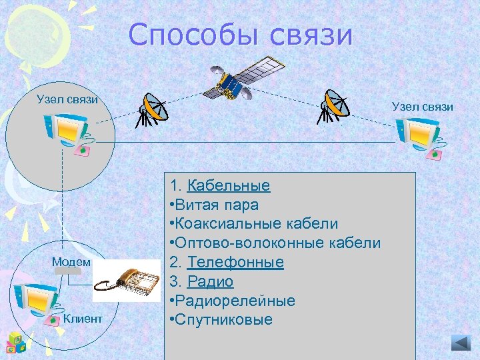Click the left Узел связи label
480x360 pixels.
(67, 99)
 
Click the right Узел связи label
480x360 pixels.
(422, 106)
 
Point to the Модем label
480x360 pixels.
(71, 261)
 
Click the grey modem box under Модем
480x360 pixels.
(68, 272)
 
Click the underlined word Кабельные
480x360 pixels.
(228, 185)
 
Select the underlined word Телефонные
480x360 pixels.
(235, 262)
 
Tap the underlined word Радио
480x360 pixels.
(210, 281)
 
